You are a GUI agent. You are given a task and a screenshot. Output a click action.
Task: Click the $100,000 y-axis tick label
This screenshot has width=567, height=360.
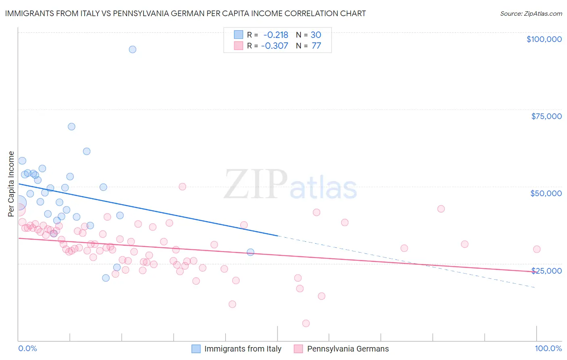pyautogui.click(x=544, y=39)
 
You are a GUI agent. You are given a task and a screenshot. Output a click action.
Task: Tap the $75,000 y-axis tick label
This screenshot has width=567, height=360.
pyautogui.click(x=546, y=116)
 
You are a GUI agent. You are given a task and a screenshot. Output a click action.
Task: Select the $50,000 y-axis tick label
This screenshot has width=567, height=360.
pyautogui.click(x=546, y=193)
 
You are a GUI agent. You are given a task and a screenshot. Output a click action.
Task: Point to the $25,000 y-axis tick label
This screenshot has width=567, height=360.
pyautogui.click(x=546, y=271)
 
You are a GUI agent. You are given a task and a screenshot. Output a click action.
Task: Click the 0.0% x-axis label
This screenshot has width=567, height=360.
pyautogui.click(x=27, y=349)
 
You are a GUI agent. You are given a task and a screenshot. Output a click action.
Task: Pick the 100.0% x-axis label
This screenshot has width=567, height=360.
pyautogui.click(x=548, y=349)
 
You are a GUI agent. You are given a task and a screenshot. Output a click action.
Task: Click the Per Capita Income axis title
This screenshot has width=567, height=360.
pyautogui.click(x=11, y=184)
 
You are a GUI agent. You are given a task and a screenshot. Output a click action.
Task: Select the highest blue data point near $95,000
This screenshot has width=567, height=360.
pyautogui.click(x=132, y=50)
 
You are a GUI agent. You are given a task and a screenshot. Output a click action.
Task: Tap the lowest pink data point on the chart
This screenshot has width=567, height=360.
pyautogui.click(x=306, y=323)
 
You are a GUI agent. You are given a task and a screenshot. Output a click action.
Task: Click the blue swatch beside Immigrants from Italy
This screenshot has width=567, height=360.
pyautogui.click(x=196, y=349)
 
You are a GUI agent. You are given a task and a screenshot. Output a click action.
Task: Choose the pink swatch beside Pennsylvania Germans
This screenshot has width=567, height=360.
pyautogui.click(x=298, y=349)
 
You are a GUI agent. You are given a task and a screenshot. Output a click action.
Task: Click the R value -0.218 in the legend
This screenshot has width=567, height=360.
pyautogui.click(x=275, y=35)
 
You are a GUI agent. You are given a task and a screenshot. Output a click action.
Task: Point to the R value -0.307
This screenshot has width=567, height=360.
pyautogui.click(x=275, y=46)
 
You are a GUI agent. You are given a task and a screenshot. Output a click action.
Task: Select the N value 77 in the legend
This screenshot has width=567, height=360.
pyautogui.click(x=316, y=46)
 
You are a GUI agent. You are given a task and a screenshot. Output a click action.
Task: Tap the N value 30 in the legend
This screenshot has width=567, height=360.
pyautogui.click(x=316, y=35)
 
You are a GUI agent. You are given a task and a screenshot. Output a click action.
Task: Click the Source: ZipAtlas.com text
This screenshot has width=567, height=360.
pyautogui.click(x=531, y=14)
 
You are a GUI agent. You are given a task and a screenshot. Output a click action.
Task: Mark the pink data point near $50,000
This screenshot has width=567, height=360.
pyautogui.click(x=182, y=186)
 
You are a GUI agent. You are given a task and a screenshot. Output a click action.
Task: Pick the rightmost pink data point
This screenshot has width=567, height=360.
pyautogui.click(x=536, y=249)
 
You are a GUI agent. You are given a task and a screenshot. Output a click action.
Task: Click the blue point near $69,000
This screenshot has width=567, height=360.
pyautogui.click(x=71, y=127)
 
